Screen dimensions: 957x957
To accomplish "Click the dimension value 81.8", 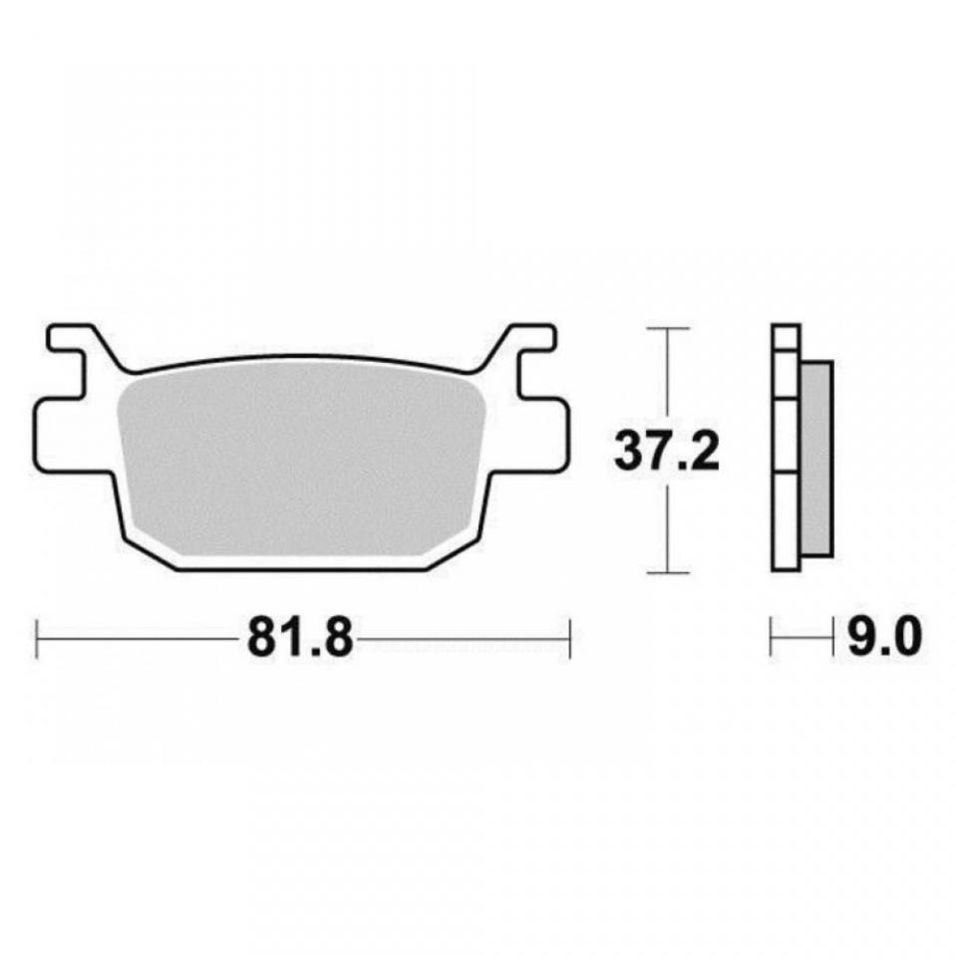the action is pyautogui.click(x=300, y=638).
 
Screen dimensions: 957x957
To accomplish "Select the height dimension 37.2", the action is pyautogui.click(x=667, y=451).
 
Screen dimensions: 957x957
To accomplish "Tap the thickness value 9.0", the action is pyautogui.click(x=885, y=638).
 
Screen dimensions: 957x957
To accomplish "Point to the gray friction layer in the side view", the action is pyautogui.click(x=816, y=459).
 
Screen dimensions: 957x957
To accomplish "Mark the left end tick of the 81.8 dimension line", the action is pyautogui.click(x=37, y=639).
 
